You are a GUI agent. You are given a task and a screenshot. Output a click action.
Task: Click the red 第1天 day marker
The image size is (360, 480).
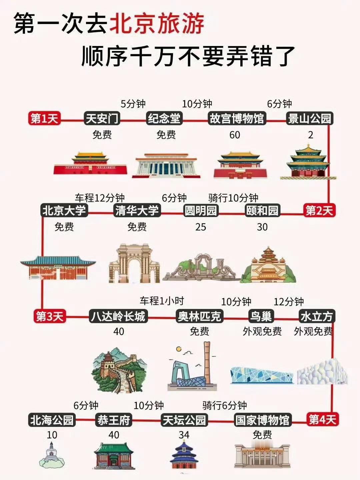pos(44,118)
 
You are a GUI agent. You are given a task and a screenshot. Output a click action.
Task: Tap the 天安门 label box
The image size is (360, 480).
pos(102,118)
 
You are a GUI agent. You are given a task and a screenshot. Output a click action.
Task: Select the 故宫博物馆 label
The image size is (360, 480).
pos(236,118)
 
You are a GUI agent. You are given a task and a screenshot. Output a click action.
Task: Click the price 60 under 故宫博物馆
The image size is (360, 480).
pos(235,135)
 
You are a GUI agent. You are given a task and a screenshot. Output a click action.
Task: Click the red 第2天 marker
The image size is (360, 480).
pos(319,210)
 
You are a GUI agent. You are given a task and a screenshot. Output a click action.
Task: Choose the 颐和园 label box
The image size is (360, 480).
pos(262,210)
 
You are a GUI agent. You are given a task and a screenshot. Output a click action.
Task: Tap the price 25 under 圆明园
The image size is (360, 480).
pos(201,227)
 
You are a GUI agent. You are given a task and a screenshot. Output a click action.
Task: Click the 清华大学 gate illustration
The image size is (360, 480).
pos(134,263)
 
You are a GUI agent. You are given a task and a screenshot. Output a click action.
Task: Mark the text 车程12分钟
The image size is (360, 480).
pos(100,198)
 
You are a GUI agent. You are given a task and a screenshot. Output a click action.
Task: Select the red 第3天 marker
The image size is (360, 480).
pos(49,316)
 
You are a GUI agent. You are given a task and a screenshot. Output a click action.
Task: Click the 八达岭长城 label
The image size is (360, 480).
pos(118,316)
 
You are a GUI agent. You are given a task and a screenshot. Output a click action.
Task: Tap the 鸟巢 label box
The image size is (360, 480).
pos(261,316)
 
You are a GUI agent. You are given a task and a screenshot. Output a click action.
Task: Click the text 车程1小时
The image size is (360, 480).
pos(162,301)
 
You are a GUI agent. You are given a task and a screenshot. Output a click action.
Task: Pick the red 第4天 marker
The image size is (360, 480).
pos(322,419)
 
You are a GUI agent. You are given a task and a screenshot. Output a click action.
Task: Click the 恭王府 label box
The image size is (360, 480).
pos(113,420)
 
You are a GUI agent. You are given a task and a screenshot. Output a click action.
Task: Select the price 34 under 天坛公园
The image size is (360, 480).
pos(184,435)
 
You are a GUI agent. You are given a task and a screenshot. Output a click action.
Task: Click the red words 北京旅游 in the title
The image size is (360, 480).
pos(157,24)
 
